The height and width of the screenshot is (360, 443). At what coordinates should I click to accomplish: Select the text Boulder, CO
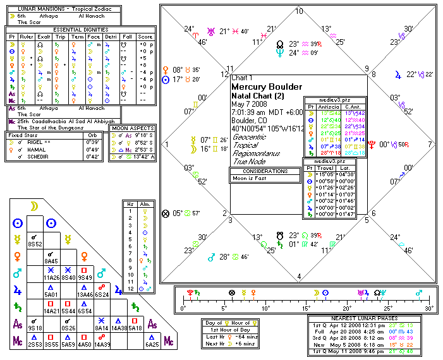pos(251,120)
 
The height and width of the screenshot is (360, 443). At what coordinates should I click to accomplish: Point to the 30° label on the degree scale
pos(429,308)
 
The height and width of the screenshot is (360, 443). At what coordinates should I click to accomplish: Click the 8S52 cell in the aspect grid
pos(36,243)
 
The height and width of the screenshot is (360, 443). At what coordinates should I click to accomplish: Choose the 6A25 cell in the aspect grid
pos(152,344)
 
